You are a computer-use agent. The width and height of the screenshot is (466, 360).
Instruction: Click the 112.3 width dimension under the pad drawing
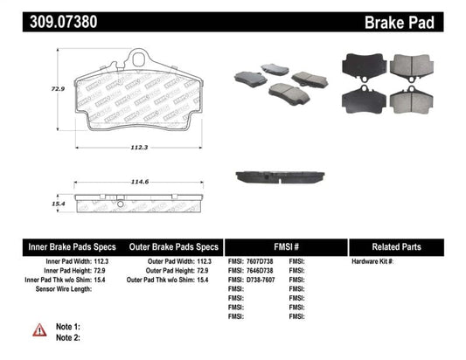point(141,147)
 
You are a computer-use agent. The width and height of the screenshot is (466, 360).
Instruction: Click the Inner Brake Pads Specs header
point(63,246)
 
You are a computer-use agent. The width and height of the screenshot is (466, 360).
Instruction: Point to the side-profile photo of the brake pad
point(278,177)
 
